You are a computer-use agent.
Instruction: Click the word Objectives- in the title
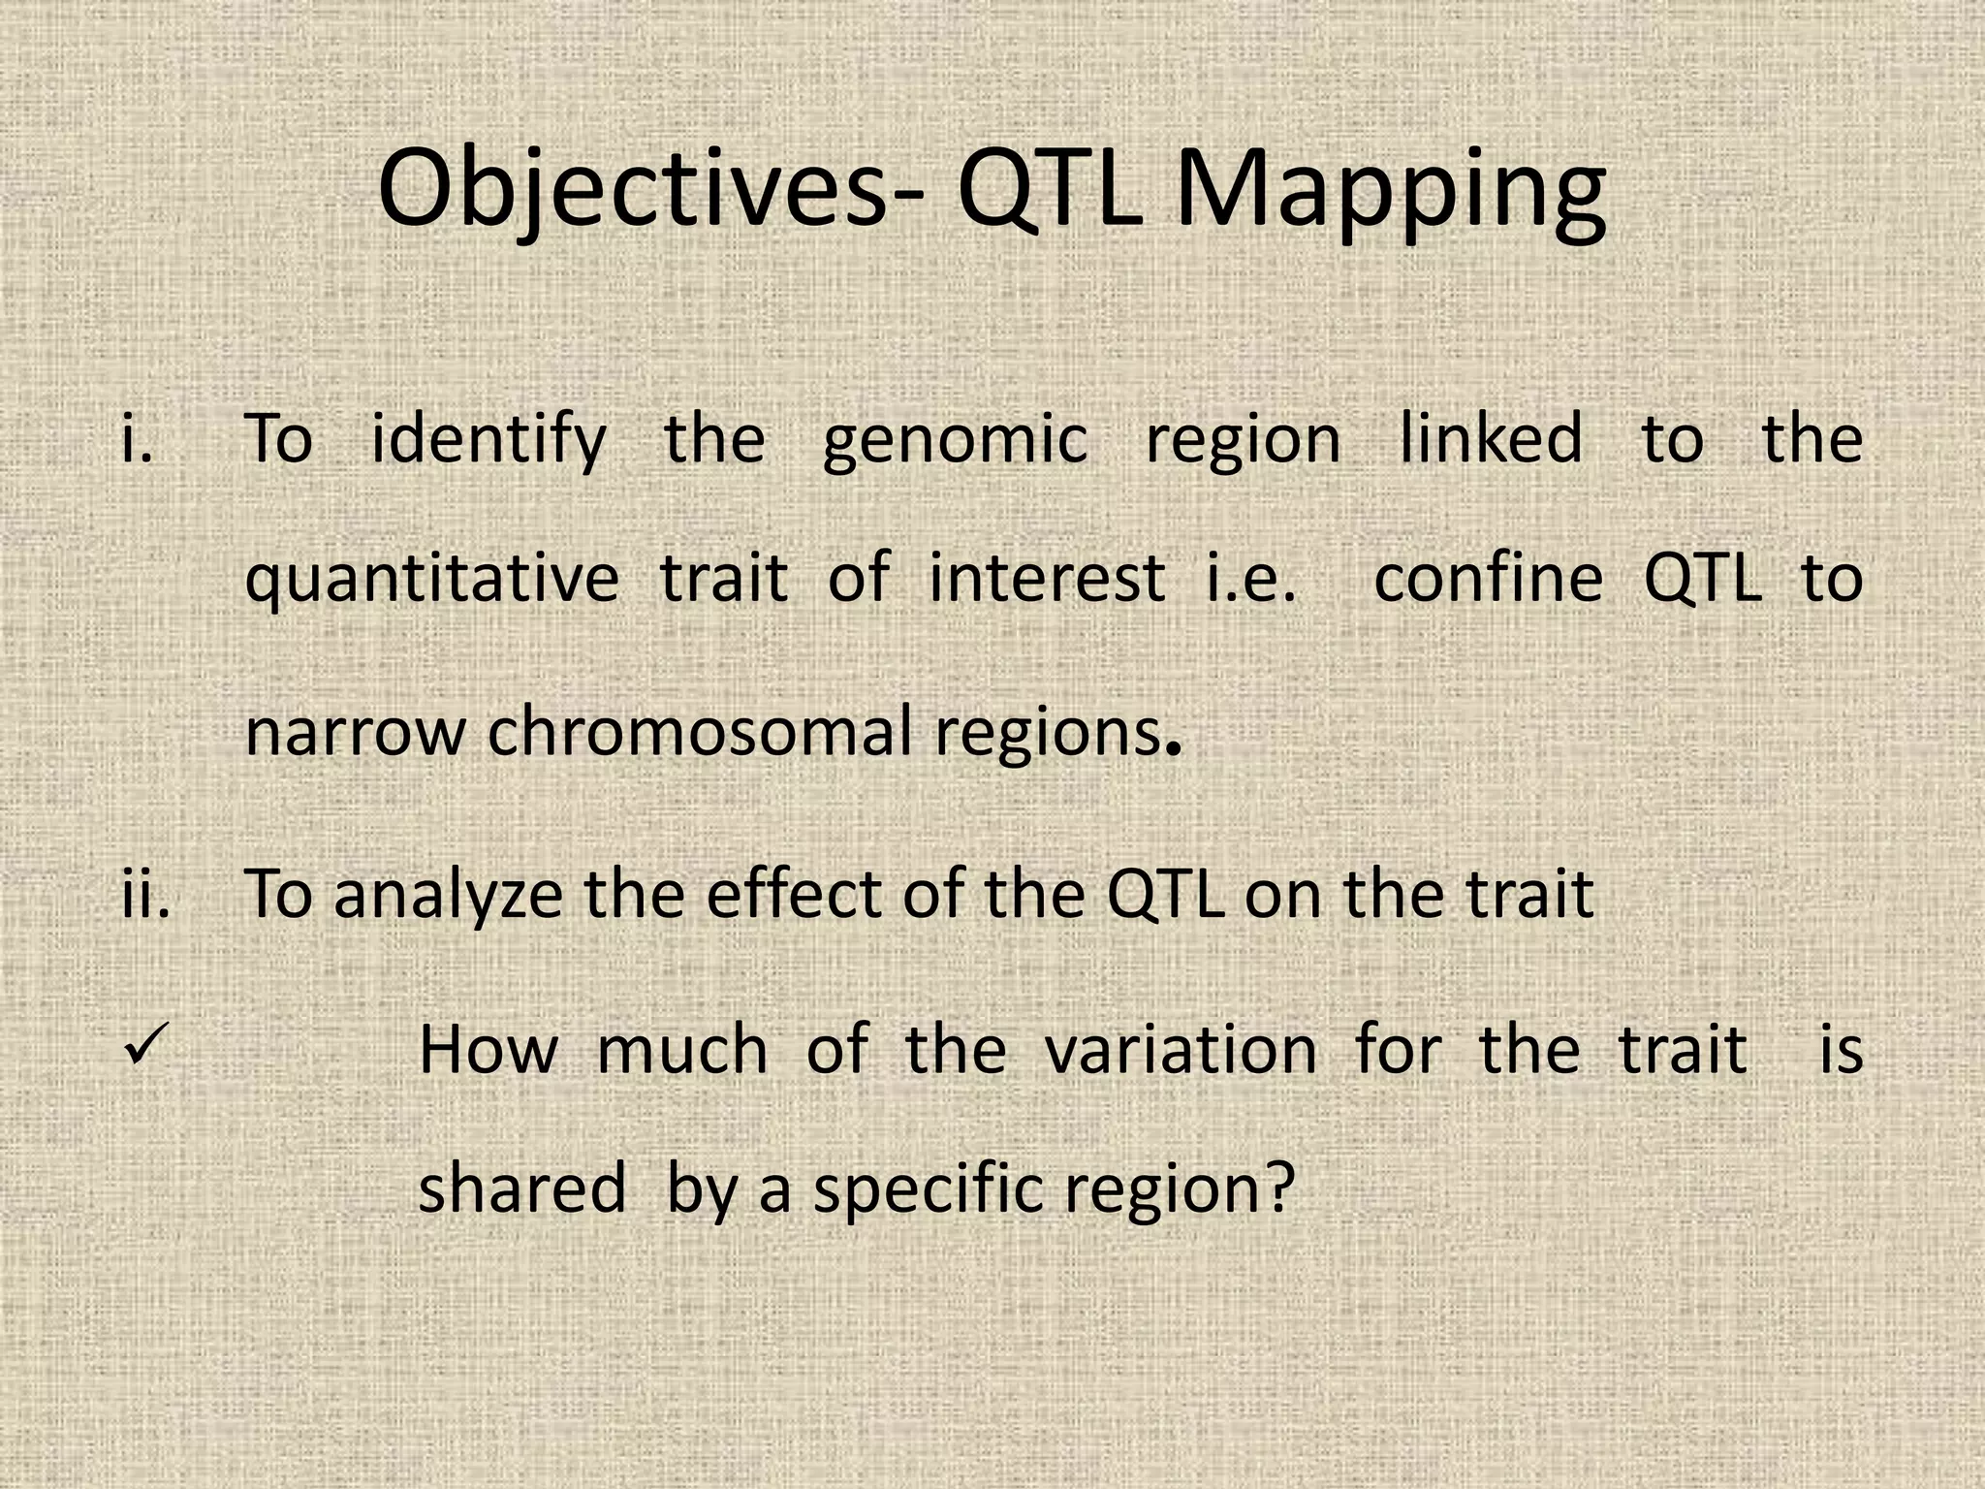point(649,189)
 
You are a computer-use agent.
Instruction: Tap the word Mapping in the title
point(1390,189)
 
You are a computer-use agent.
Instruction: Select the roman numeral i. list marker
point(138,437)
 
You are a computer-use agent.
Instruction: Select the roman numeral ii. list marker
point(146,893)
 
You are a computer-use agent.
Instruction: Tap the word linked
point(1491,437)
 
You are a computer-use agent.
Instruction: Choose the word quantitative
point(431,580)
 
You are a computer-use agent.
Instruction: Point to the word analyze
point(448,895)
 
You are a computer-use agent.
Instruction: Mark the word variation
point(1181,1049)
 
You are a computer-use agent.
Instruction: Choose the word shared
point(521,1188)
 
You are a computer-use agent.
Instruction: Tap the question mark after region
point(1280,1188)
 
